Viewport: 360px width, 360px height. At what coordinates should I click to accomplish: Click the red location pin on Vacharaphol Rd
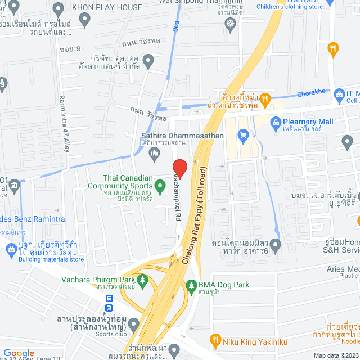click(179, 168)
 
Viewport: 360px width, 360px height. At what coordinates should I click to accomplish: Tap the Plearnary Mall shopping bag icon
click(276, 121)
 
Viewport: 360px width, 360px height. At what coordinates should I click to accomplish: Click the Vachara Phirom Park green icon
click(143, 280)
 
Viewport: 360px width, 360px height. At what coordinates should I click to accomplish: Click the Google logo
click(19, 353)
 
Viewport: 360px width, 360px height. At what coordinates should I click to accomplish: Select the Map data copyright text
click(336, 355)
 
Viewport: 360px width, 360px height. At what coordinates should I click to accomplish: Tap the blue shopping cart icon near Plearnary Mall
click(243, 134)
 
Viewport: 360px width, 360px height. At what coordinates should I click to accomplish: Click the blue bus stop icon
click(108, 308)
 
